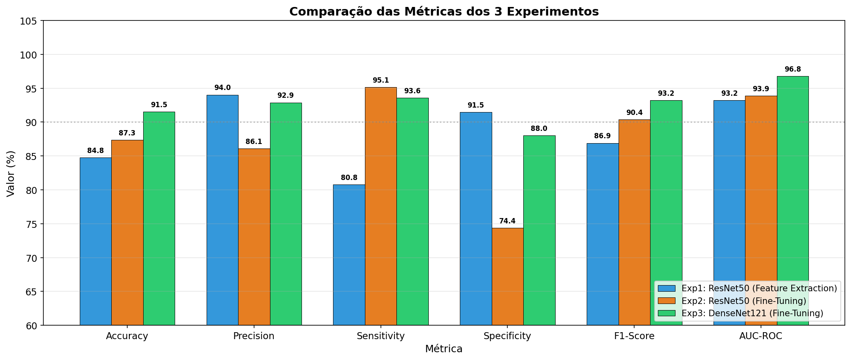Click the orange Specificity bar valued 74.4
[x=507, y=276]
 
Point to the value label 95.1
[x=380, y=80]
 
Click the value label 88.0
[x=539, y=128]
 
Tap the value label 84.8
[x=95, y=151]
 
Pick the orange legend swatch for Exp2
[x=666, y=301]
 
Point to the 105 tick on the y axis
[x=29, y=21]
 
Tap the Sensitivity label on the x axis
[x=380, y=336]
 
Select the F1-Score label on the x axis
[x=634, y=336]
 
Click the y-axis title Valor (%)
[x=11, y=173]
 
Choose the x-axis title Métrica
[x=444, y=349]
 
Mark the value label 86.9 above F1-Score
[x=602, y=136]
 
